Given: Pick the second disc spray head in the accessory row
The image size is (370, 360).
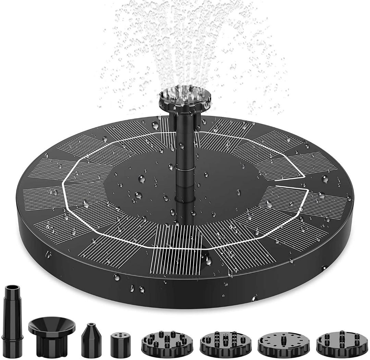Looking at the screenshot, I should point(225,343).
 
